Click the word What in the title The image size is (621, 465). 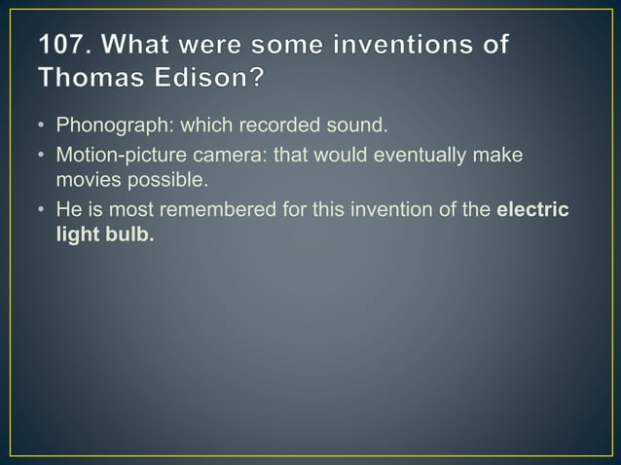[143, 46]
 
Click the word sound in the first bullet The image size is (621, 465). [340, 125]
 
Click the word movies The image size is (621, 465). [87, 179]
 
